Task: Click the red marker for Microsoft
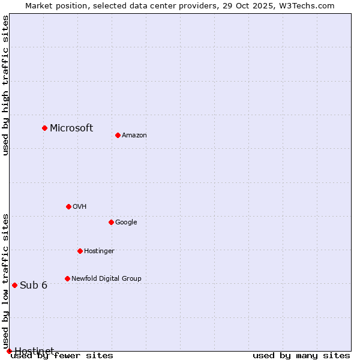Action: [x=44, y=128]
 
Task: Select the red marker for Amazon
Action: [x=118, y=135]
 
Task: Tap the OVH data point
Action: [x=68, y=206]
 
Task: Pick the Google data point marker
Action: [x=111, y=222]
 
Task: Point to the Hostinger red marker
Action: [x=80, y=251]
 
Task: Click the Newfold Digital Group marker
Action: [x=67, y=278]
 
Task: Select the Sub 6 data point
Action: [x=14, y=285]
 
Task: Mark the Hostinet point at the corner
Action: [x=9, y=351]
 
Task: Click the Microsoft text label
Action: [x=71, y=128]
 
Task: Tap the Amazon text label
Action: [x=134, y=135]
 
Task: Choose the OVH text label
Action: [x=80, y=206]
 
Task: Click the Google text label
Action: [x=126, y=222]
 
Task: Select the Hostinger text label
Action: [x=99, y=251]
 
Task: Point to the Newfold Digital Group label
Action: [x=106, y=278]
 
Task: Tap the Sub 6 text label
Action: [x=34, y=285]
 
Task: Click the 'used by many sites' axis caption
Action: [x=301, y=355]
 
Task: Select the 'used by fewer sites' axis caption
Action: [x=62, y=355]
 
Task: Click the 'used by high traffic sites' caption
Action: [x=5, y=85]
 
